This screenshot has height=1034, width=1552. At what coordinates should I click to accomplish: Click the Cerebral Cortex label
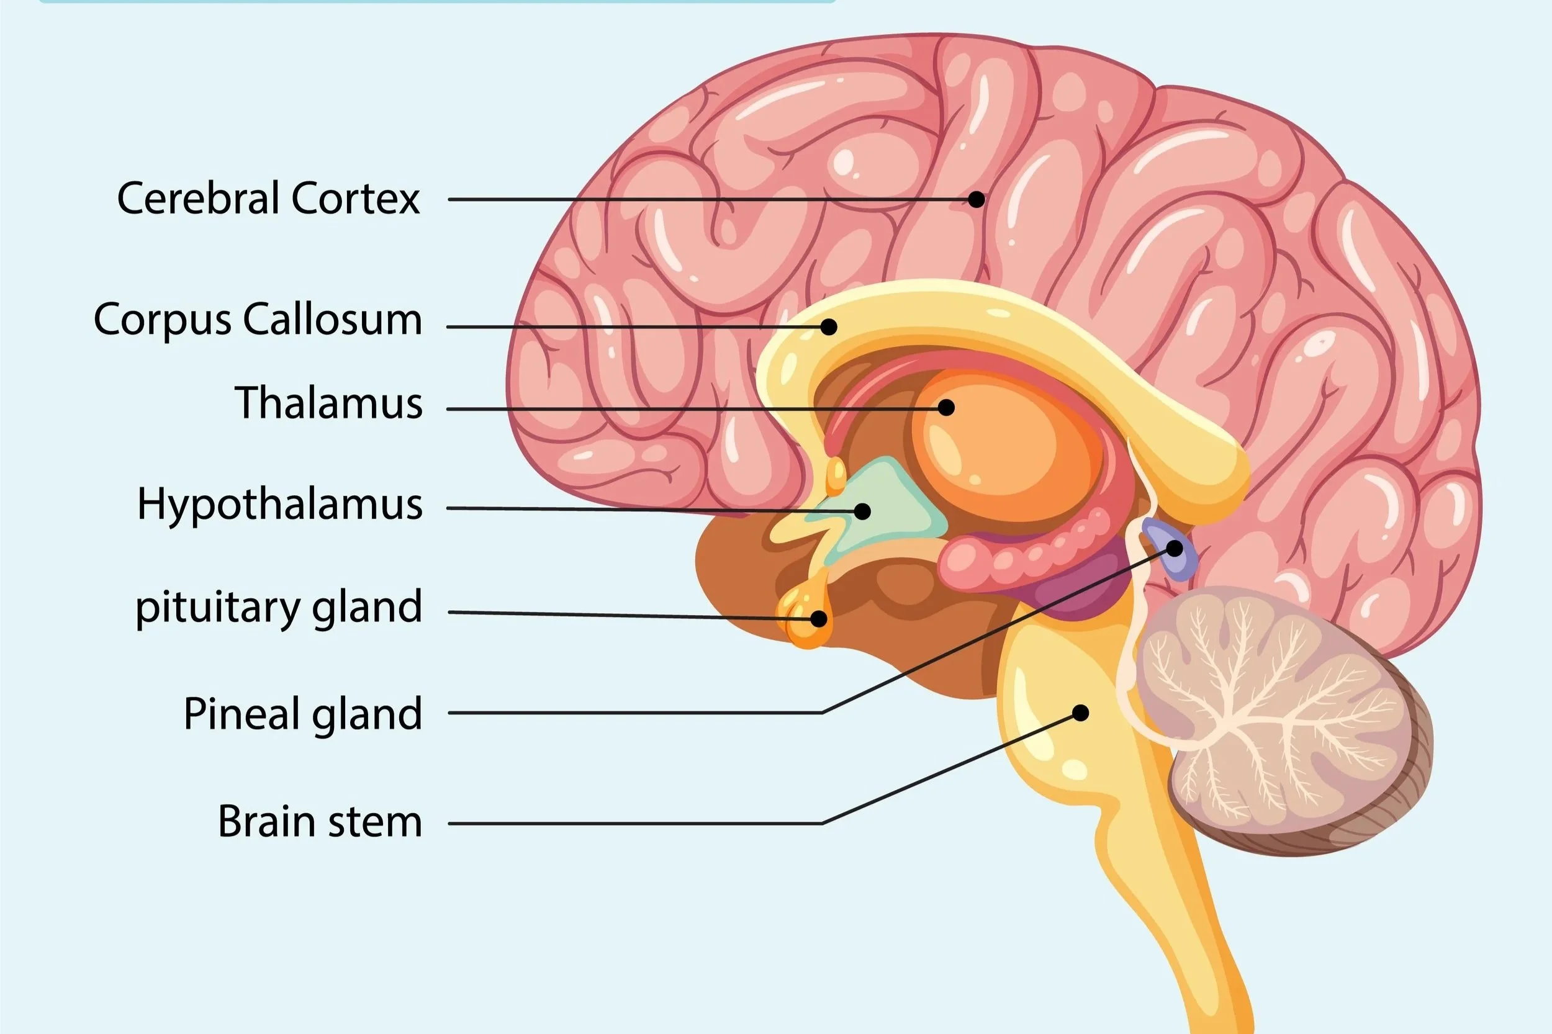tap(268, 198)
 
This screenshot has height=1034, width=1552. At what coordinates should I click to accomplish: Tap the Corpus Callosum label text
tap(257, 320)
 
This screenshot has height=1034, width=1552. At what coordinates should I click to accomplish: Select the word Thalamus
tap(328, 402)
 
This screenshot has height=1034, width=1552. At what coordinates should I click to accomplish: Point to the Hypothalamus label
tap(279, 505)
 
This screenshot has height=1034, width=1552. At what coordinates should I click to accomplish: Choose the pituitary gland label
tap(278, 608)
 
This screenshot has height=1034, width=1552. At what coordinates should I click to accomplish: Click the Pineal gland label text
tap(302, 714)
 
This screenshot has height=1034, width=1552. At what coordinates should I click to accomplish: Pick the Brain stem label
tap(320, 822)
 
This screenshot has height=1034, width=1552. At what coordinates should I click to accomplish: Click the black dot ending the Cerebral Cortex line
tap(977, 199)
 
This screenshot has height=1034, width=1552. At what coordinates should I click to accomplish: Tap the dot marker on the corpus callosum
tap(829, 326)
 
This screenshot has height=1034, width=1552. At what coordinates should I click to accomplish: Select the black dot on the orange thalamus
tap(947, 408)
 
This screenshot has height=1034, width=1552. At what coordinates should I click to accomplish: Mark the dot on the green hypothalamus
tap(862, 511)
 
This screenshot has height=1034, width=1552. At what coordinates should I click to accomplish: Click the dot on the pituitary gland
tap(819, 619)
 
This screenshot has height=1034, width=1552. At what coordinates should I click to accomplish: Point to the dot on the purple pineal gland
tap(1175, 548)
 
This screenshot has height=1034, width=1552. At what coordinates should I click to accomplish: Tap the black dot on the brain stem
tap(1080, 713)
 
